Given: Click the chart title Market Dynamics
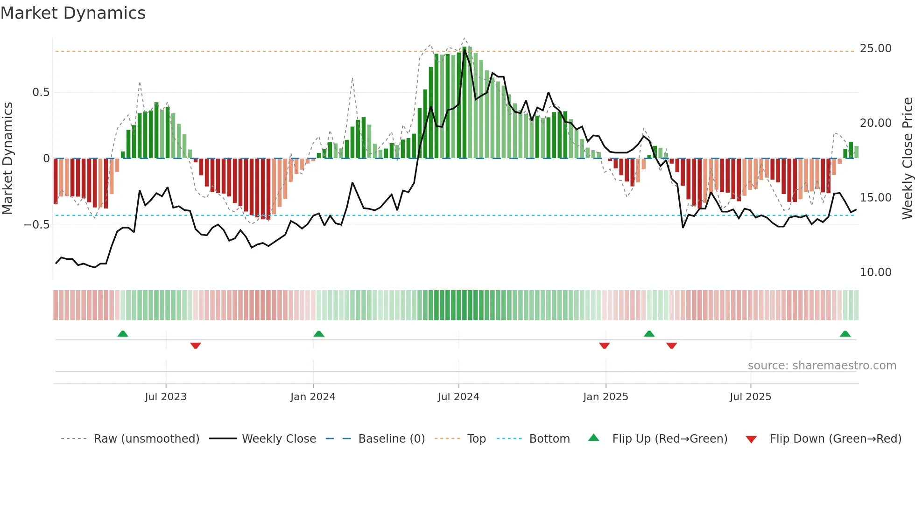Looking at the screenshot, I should click(x=73, y=13).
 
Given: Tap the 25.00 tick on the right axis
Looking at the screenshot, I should click(x=875, y=49).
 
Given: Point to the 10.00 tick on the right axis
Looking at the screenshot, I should click(x=875, y=272).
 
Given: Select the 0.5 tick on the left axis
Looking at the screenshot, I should click(x=41, y=92).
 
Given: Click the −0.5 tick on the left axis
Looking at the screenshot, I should click(x=37, y=225).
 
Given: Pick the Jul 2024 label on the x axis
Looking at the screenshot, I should click(x=458, y=397).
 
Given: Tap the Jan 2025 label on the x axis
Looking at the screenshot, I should click(x=605, y=397).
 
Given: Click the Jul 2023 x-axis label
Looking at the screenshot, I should click(x=166, y=397).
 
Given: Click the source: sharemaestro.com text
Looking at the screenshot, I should click(x=822, y=366).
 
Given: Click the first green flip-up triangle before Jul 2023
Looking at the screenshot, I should click(x=123, y=334).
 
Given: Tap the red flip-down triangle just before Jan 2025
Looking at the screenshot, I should click(x=604, y=346).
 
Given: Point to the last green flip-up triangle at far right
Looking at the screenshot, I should click(x=845, y=334).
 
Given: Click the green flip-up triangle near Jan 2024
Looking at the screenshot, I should click(x=319, y=334).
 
